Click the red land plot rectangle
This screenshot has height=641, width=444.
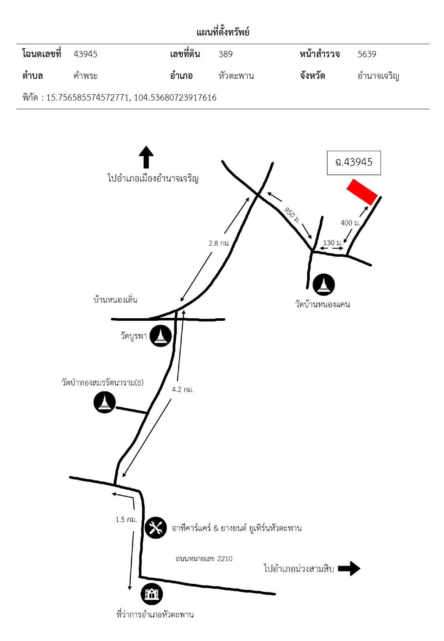tap(362, 192)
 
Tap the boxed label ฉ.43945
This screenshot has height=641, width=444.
tap(354, 163)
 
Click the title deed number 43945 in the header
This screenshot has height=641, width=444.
tap(86, 54)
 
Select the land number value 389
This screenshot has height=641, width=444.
tap(226, 54)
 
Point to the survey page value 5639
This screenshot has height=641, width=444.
tap(367, 54)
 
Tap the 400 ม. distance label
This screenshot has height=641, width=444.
tap(350, 222)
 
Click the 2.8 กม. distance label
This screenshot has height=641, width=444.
tap(219, 243)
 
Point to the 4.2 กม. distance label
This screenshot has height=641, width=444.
tap(183, 389)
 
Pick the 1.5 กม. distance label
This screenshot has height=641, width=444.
tap(126, 520)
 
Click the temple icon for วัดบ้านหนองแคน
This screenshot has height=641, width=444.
tap(324, 284)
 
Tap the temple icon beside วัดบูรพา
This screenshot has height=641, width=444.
tap(161, 336)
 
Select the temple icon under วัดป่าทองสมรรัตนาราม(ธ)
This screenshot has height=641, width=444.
tap(105, 402)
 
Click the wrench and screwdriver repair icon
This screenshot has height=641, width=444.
tap(155, 528)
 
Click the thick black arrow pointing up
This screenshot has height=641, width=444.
tap(146, 157)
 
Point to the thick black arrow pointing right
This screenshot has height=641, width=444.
tap(349, 568)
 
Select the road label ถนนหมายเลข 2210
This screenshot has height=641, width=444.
tap(204, 559)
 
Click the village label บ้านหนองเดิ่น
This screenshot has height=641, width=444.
tap(115, 300)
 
